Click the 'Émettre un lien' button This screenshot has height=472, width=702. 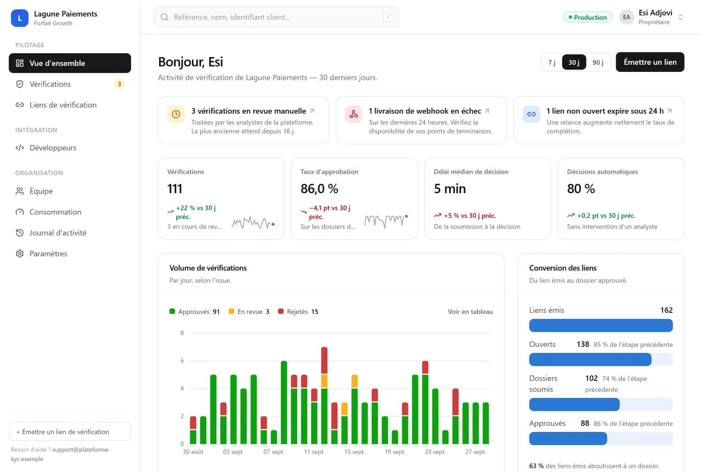650,62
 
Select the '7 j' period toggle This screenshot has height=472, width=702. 552,63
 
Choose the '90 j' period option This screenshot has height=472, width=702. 598,63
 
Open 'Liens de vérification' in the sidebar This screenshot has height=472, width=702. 63,105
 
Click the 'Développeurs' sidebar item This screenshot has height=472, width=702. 53,148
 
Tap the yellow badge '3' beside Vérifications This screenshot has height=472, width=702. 120,84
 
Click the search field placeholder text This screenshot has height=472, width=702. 232,17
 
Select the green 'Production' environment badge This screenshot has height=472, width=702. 587,17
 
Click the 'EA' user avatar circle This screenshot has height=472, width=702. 626,17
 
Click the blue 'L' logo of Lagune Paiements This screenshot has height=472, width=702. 19,18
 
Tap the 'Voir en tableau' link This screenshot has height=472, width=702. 470,311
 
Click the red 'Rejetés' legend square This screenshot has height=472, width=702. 281,311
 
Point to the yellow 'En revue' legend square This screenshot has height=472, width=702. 231,311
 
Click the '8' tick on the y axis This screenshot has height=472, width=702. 182,333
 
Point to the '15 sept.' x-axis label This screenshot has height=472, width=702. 354,452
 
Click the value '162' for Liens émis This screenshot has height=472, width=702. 666,310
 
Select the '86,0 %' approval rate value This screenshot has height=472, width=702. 319,188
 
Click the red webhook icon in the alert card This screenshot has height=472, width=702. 354,114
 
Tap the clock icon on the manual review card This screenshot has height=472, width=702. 176,114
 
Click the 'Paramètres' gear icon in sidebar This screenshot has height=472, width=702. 20,254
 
